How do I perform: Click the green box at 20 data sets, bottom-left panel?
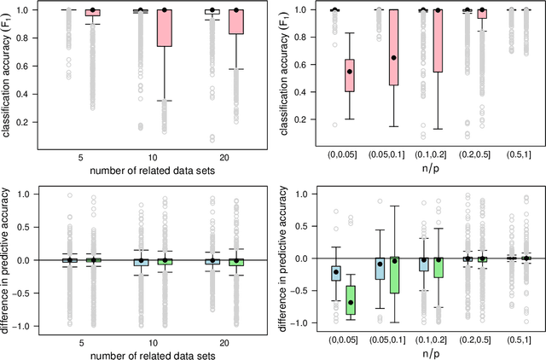[x=236, y=263]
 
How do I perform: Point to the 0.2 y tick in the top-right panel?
[x=304, y=122]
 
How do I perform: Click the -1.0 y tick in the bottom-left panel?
[x=32, y=326]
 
